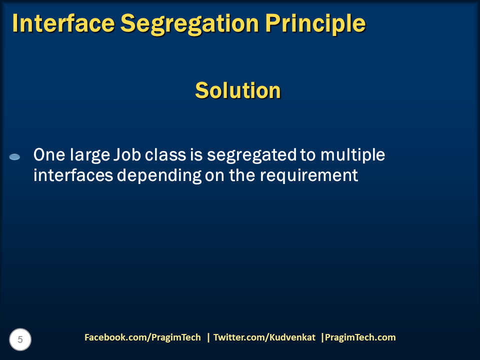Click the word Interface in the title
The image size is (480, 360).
(63, 23)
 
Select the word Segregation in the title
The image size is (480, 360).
(190, 24)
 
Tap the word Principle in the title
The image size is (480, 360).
(315, 24)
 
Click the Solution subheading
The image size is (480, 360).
(238, 90)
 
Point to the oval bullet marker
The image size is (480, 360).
(14, 157)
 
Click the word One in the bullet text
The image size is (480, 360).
(49, 155)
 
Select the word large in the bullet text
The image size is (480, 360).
(90, 156)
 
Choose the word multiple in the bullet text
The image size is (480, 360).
(352, 156)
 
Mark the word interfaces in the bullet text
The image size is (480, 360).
(73, 175)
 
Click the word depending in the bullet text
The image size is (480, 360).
(159, 176)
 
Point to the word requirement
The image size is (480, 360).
(309, 176)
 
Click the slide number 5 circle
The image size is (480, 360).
(20, 339)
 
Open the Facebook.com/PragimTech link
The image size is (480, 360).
(142, 337)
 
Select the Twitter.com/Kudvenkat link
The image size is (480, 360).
(264, 337)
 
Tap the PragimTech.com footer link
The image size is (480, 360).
(360, 337)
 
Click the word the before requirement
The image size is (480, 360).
(242, 175)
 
